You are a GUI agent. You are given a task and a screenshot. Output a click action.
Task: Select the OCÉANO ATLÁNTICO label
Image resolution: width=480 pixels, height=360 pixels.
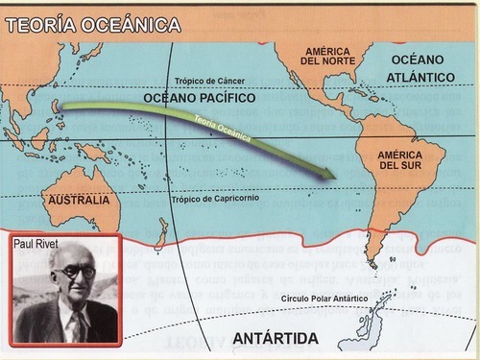(423, 67)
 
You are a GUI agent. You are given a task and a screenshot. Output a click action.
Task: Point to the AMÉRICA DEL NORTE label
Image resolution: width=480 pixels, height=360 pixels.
(328, 56)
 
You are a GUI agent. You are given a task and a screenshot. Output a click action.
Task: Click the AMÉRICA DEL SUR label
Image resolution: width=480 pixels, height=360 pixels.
(401, 159)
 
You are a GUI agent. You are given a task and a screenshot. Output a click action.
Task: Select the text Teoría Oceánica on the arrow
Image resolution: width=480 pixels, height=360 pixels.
(223, 130)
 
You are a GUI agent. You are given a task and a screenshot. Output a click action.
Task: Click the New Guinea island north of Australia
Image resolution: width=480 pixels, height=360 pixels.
(93, 151)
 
